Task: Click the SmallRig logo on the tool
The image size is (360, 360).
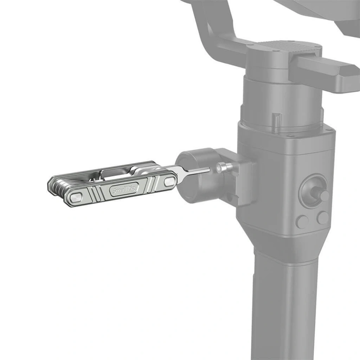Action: point(124,190)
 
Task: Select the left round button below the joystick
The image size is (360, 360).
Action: point(302,221)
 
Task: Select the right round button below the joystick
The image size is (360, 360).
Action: point(323,218)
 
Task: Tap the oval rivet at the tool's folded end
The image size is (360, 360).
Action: point(76,198)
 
